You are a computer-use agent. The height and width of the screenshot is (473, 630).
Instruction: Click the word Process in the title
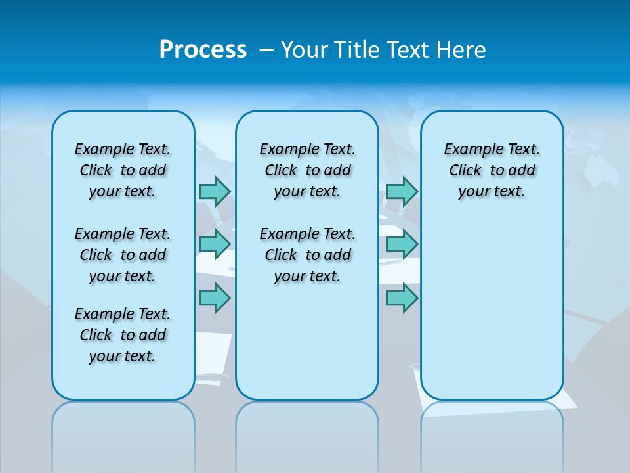click(203, 49)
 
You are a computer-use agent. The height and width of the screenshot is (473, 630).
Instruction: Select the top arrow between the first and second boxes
click(215, 191)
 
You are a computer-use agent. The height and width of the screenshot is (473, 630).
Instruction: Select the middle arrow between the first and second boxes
click(215, 244)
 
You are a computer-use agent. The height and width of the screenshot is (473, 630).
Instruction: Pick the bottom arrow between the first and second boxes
click(215, 298)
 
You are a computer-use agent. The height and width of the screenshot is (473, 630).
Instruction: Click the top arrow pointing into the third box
click(402, 191)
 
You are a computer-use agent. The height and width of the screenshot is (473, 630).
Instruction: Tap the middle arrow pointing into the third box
click(402, 244)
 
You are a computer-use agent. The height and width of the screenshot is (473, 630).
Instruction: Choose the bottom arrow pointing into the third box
click(402, 298)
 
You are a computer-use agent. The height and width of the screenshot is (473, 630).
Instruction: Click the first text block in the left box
click(123, 170)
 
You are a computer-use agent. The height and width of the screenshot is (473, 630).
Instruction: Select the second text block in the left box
click(123, 255)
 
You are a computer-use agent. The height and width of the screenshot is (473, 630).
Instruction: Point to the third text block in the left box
click(123, 335)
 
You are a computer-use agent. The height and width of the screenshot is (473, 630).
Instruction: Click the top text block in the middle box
click(307, 170)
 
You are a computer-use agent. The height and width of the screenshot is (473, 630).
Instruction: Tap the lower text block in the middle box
click(307, 255)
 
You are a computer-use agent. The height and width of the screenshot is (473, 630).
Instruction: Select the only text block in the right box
click(492, 170)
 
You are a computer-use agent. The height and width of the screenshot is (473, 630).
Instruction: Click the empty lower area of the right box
click(492, 309)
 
